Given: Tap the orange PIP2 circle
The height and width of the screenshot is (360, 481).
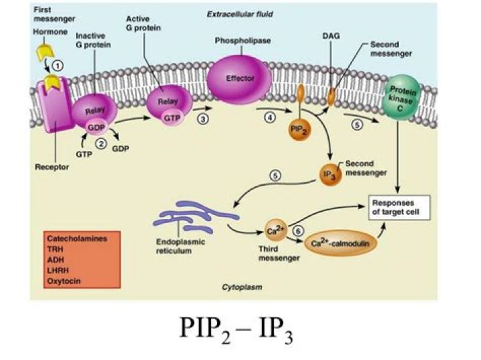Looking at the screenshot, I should click(x=299, y=128).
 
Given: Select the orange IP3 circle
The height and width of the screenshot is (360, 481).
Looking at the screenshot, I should click(x=329, y=175).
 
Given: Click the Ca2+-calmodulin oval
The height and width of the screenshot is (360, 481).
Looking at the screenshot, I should click(x=341, y=244).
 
